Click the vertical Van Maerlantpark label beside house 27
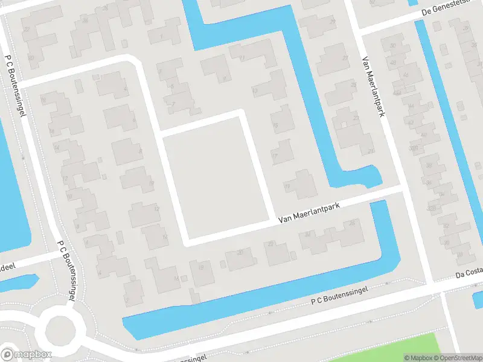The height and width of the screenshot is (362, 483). click(x=373, y=87)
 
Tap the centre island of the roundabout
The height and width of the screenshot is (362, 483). click(x=60, y=329)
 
